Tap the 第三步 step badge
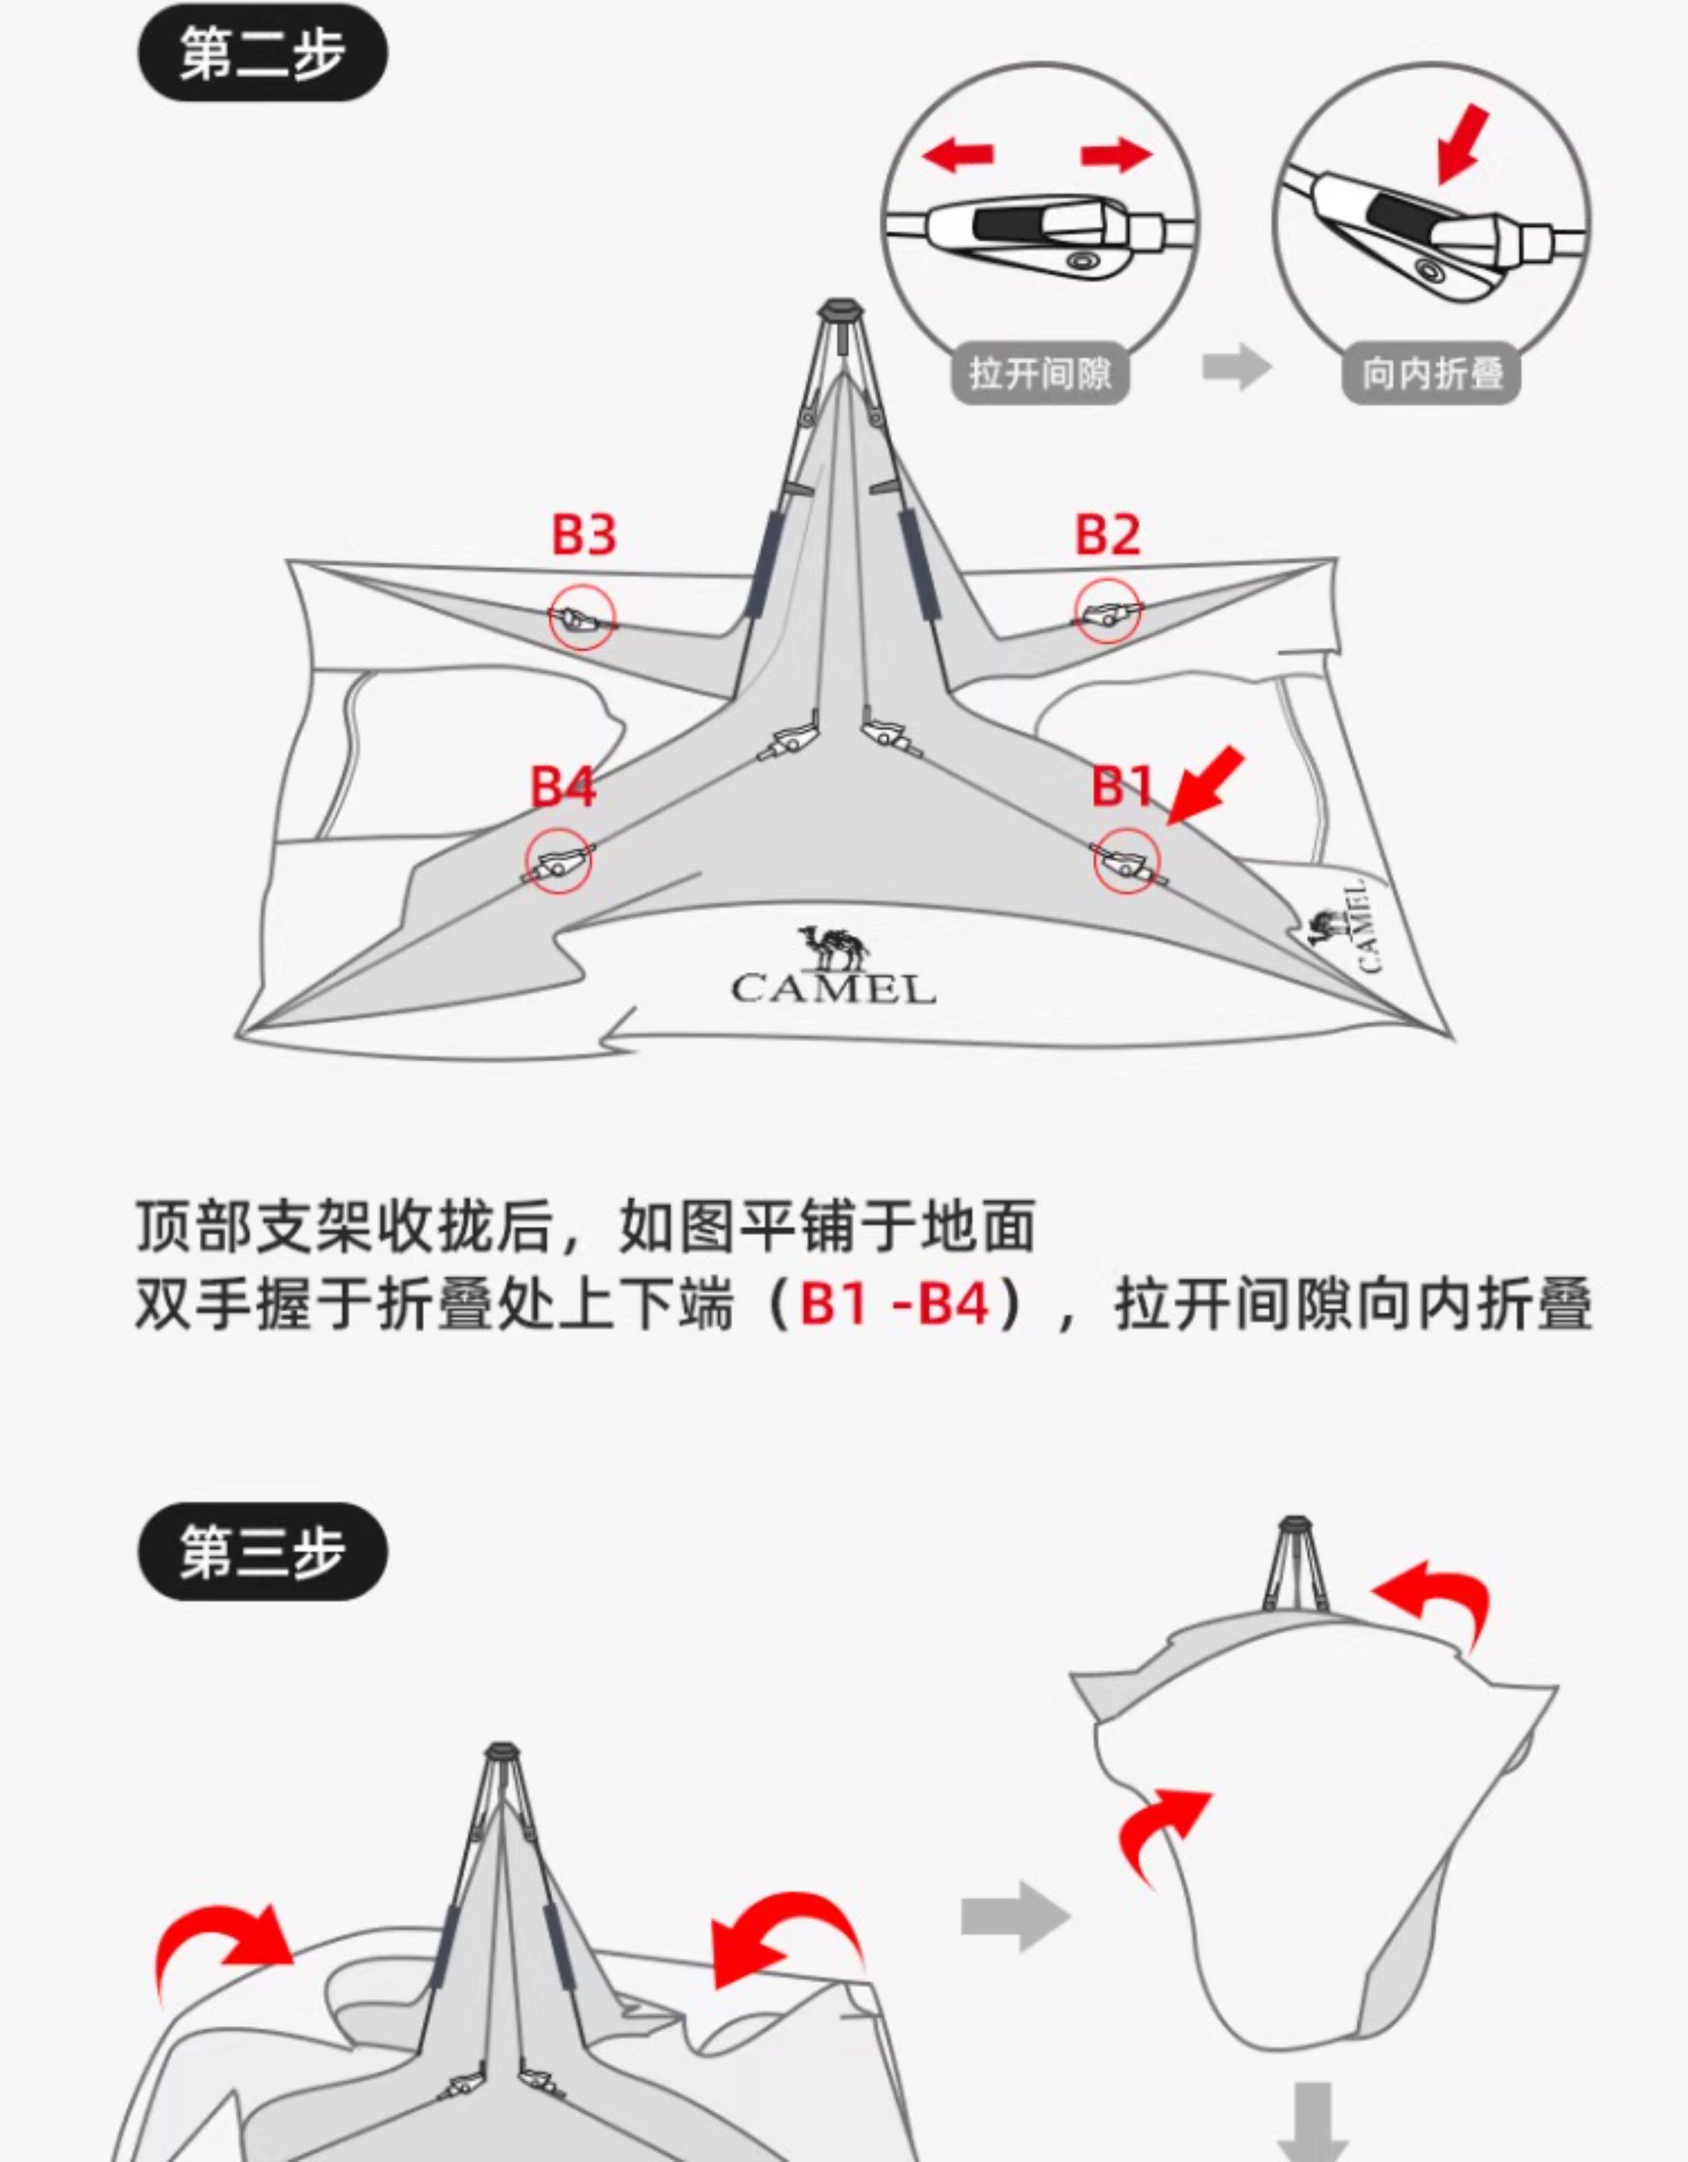point(262,1551)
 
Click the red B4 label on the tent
point(562,787)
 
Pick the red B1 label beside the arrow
point(1122,787)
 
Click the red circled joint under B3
point(583,617)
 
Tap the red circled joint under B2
point(1109,614)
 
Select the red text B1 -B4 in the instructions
point(894,1304)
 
